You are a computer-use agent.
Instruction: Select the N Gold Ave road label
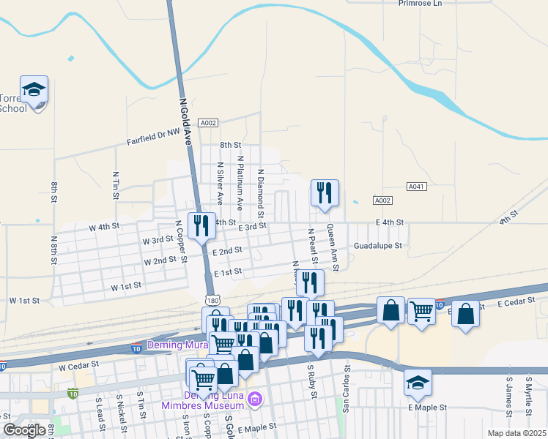(184, 117)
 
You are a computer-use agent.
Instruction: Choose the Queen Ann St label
(332, 247)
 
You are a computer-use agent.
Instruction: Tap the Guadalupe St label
(378, 247)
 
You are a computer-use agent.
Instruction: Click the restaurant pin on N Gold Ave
(201, 225)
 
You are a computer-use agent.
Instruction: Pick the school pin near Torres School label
(34, 90)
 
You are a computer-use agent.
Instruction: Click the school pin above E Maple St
(418, 383)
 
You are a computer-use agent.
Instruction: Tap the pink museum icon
(255, 399)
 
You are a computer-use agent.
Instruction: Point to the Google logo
(24, 430)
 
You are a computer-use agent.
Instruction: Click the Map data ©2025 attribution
(517, 433)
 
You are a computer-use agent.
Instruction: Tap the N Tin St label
(116, 186)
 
